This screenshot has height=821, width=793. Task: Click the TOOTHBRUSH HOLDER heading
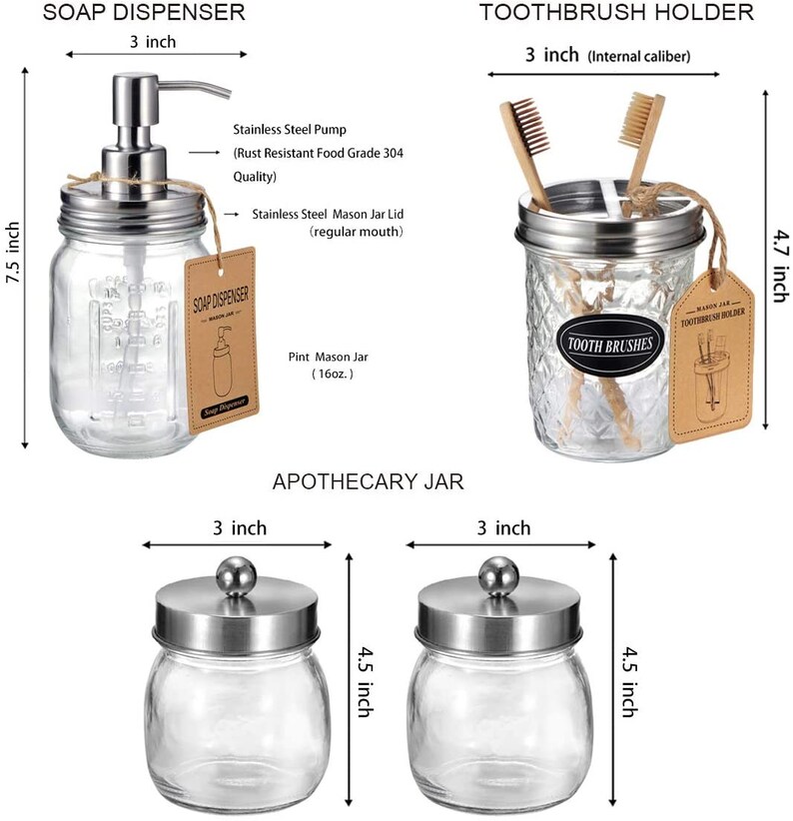coord(616,13)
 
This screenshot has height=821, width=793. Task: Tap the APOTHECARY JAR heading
coord(369,482)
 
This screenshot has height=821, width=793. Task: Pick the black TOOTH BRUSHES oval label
coord(608,344)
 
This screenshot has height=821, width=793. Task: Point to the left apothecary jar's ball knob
coord(236,574)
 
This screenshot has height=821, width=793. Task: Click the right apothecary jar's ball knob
coord(498,574)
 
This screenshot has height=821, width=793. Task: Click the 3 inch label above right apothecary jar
coord(497,527)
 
